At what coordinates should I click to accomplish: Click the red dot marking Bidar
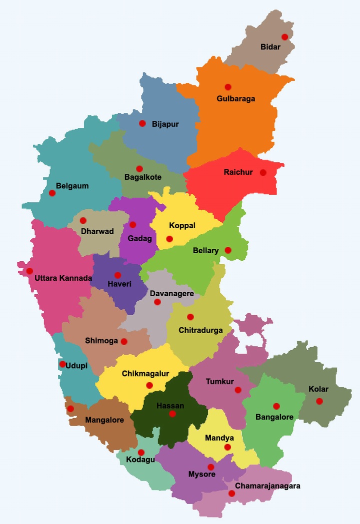pos(284,37)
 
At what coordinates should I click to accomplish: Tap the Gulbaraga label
pos(235,98)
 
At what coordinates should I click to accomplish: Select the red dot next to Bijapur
pos(142,123)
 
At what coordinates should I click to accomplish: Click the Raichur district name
pos(238,172)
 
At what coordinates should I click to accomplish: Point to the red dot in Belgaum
pos(52,193)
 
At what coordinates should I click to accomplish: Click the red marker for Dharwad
pos(83,220)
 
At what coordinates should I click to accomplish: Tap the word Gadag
pos(139,238)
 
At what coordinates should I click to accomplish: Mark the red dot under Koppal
pos(169,239)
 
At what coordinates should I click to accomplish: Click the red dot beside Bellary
pos(228,250)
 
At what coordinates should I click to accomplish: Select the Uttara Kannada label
pos(63,278)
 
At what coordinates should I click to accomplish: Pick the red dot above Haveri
pos(117,275)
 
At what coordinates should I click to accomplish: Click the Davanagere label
pos(171,294)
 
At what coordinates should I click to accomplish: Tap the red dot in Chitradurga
pos(190,317)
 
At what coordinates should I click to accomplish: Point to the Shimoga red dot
pos(124,342)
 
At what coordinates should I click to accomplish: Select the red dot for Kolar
pos(319,401)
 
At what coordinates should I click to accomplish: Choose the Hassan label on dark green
pos(170,406)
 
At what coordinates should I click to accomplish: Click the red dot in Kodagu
pos(141,453)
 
